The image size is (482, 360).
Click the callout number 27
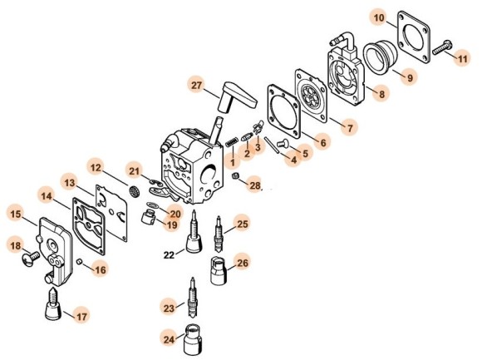pyautogui.click(x=196, y=85)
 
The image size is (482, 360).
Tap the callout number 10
pyautogui.click(x=379, y=17)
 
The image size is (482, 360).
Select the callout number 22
pyautogui.click(x=169, y=255)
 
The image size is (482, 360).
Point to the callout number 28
pyautogui.click(x=255, y=185)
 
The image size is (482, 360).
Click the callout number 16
pyautogui.click(x=101, y=269)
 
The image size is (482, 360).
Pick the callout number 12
pyautogui.click(x=96, y=168)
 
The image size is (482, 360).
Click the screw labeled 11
pyautogui.click(x=442, y=48)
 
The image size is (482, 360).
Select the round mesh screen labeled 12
pyautogui.click(x=134, y=191)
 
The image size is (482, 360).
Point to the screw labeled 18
pyautogui.click(x=31, y=258)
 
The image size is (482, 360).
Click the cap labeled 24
pyautogui.click(x=192, y=339)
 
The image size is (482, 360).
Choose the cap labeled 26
pyautogui.click(x=219, y=270)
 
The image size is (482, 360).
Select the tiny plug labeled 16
pyautogui.click(x=79, y=261)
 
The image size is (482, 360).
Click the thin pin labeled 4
pyautogui.click(x=272, y=145)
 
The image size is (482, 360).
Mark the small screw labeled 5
pyautogui.click(x=283, y=142)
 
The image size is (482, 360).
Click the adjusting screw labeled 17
pyautogui.click(x=53, y=304)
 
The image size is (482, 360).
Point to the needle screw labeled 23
pyautogui.click(x=192, y=298)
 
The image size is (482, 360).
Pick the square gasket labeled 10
pyautogui.click(x=414, y=37)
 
